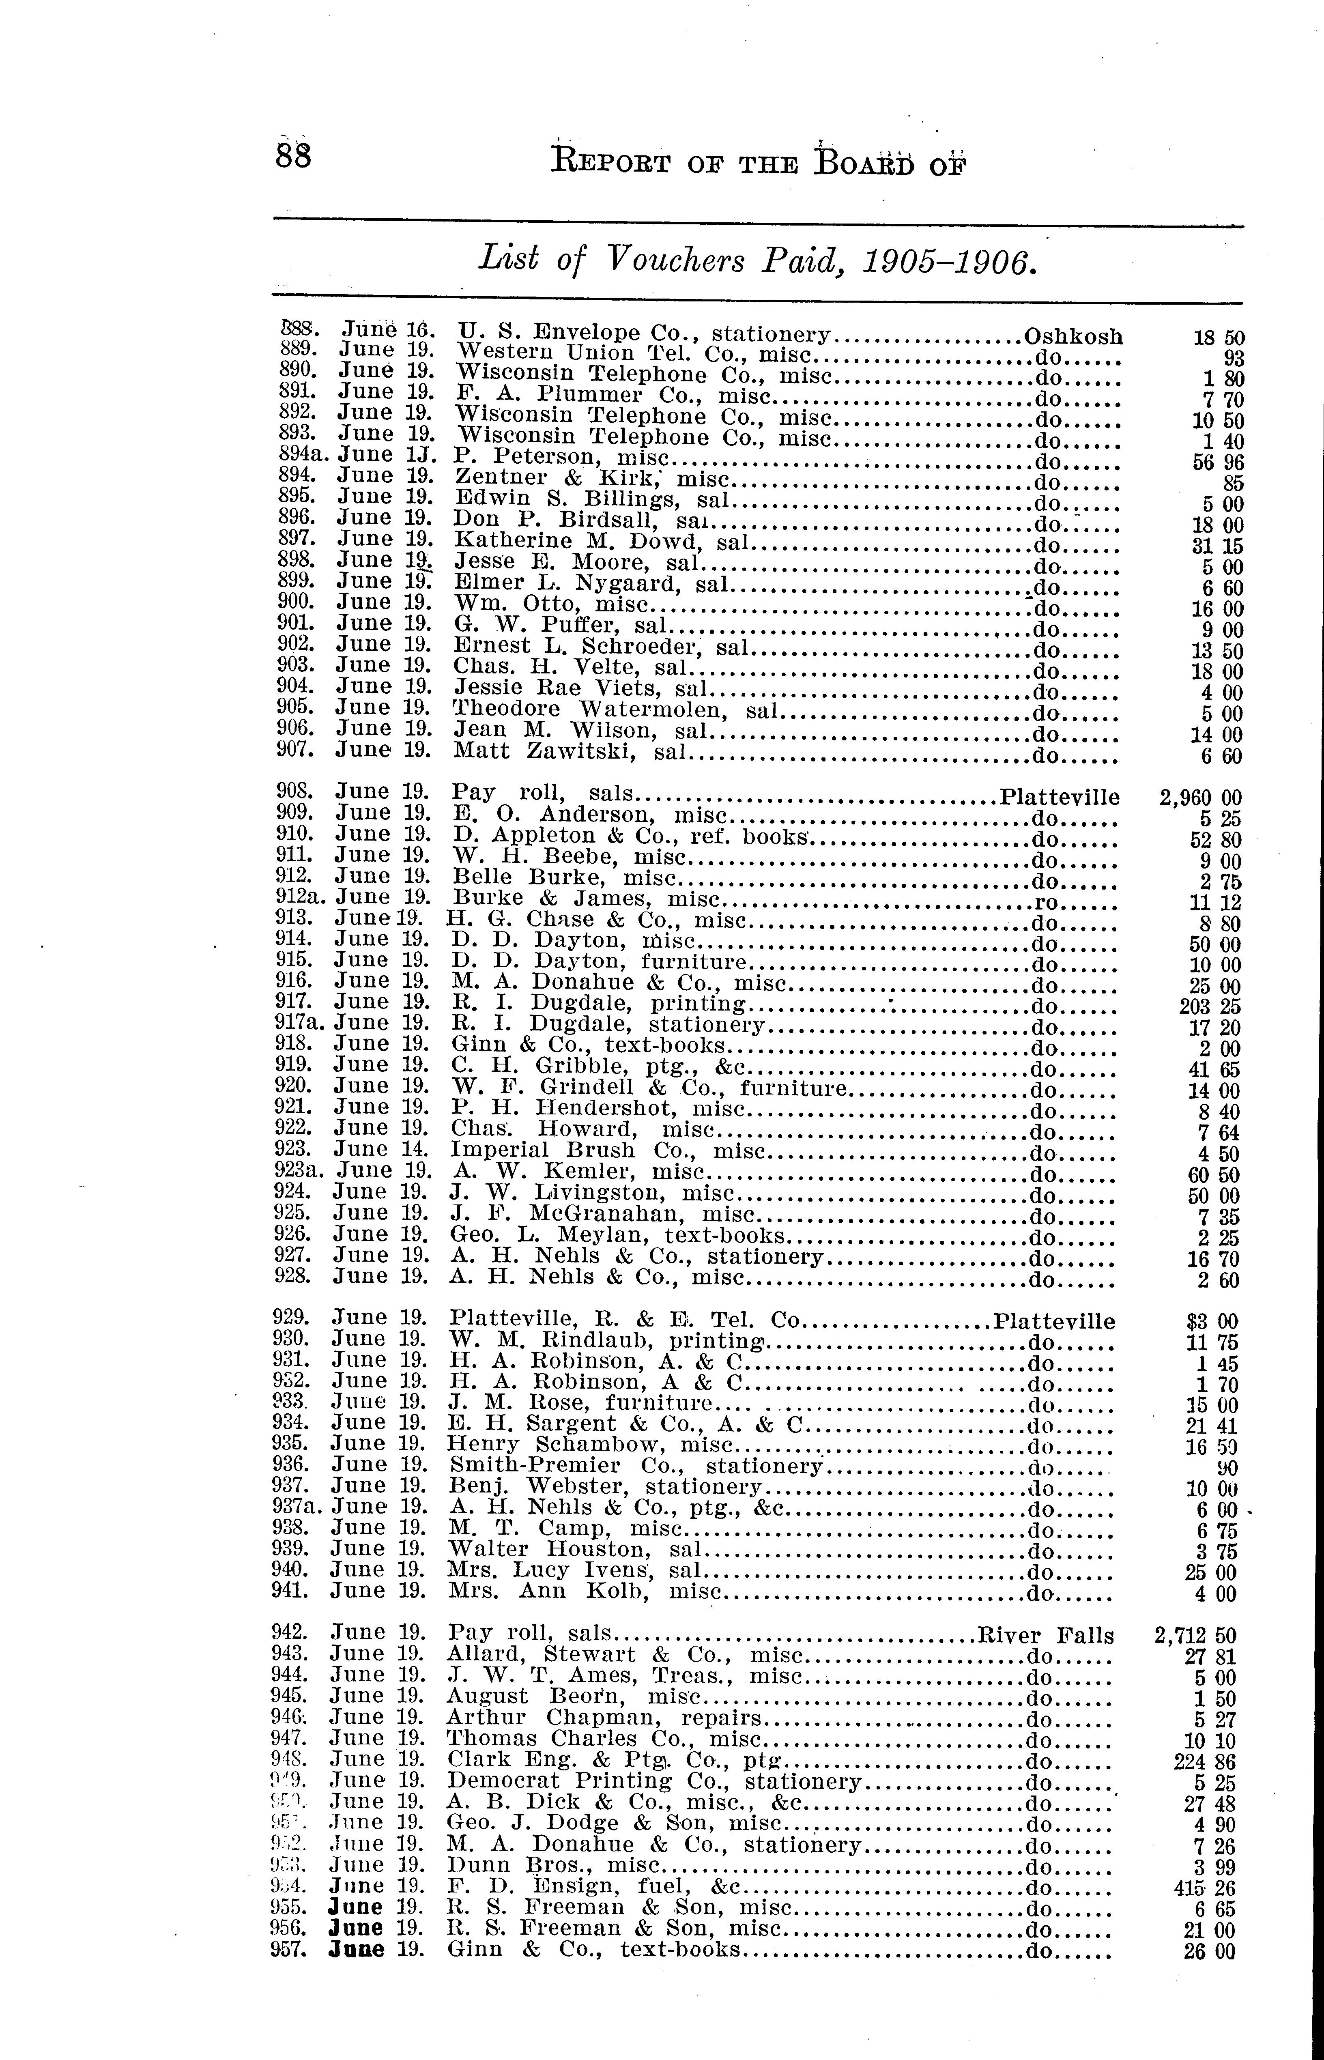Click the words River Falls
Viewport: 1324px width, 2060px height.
[x=1046, y=1635]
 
